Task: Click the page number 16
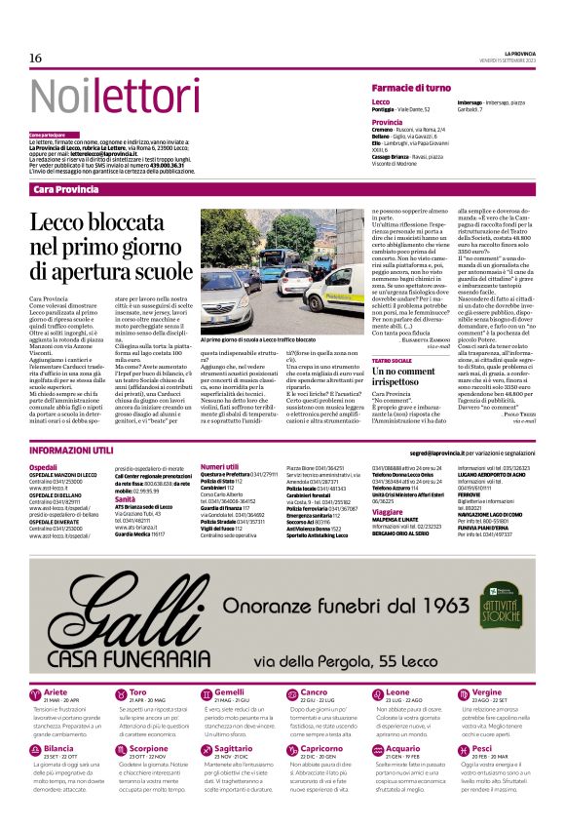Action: coord(35,59)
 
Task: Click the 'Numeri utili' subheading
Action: coord(218,467)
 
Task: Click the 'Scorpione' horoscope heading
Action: coord(149,749)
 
